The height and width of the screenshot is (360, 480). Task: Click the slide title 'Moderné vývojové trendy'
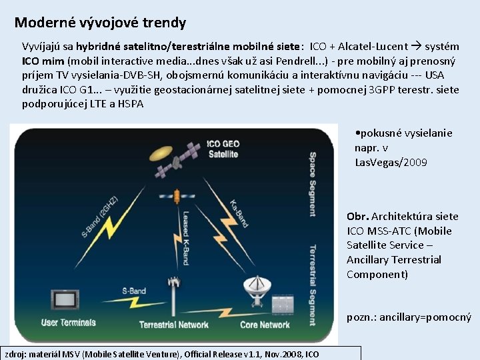(100, 23)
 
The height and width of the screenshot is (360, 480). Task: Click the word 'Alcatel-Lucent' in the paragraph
(373, 47)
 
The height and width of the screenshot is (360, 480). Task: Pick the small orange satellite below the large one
(176, 197)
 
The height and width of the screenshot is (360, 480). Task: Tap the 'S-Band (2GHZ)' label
(100, 217)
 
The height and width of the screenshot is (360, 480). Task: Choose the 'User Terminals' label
(69, 323)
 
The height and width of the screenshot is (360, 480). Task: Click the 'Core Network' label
(265, 325)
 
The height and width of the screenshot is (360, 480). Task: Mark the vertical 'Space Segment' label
(313, 187)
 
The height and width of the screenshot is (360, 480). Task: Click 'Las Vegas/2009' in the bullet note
(391, 162)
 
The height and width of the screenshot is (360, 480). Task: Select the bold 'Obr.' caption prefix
(357, 216)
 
